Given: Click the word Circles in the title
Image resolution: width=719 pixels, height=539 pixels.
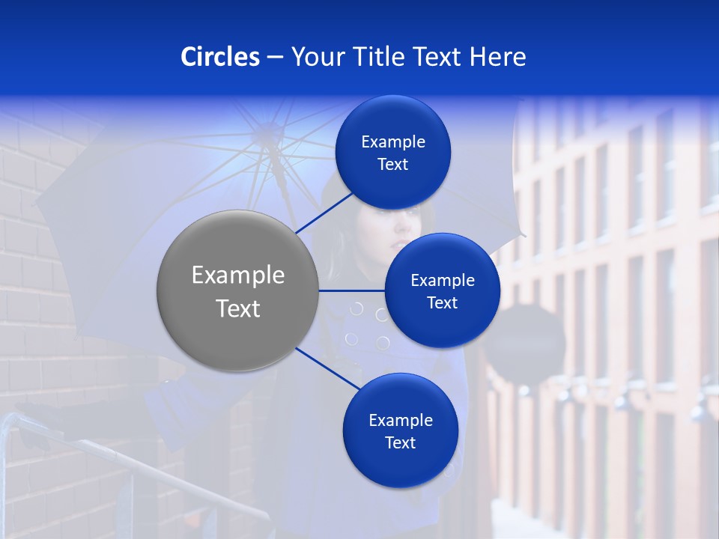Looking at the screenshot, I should click(x=220, y=57).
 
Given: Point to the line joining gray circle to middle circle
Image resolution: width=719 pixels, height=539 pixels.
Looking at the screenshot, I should click(x=352, y=290).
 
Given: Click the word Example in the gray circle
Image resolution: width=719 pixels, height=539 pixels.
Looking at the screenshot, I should click(x=238, y=275).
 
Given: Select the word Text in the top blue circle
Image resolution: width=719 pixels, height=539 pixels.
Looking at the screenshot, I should click(x=393, y=165).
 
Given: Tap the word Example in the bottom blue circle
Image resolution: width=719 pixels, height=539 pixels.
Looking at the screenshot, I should click(x=400, y=420).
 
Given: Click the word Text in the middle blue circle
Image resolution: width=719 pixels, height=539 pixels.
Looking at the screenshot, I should click(x=442, y=302).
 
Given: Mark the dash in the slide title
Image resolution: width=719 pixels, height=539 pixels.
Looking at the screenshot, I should click(x=275, y=57).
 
